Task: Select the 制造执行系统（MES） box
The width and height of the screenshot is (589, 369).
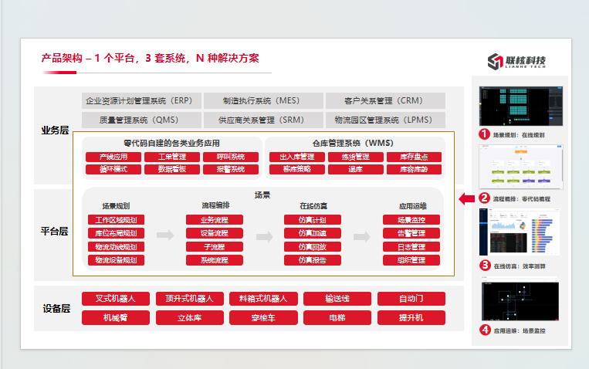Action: tap(261, 100)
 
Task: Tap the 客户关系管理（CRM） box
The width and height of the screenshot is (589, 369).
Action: tap(384, 100)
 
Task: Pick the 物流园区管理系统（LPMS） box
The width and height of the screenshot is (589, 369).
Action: tap(384, 120)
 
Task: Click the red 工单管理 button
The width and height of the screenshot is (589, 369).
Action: tap(171, 157)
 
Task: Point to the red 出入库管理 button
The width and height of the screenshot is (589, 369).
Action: tap(296, 157)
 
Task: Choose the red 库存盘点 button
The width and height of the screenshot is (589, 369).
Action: tap(414, 157)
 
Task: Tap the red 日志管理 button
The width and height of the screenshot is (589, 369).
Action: tap(411, 247)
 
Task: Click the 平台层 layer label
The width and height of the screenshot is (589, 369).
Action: tap(55, 231)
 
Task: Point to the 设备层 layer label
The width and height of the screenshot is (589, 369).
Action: tap(55, 308)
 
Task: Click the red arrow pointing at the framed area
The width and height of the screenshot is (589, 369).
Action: tap(466, 199)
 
